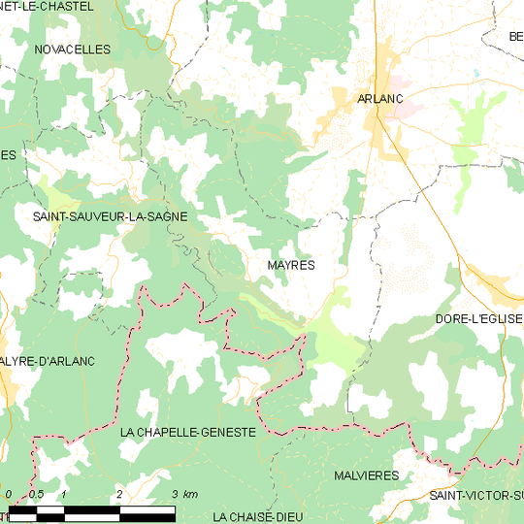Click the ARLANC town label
pyautogui.click(x=379, y=98)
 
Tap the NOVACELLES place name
pyautogui.click(x=72, y=49)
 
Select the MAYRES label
pyautogui.click(x=290, y=264)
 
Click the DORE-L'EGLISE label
pyautogui.click(x=479, y=318)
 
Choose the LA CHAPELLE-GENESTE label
pyautogui.click(x=188, y=431)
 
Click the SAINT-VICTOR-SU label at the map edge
pyautogui.click(x=476, y=496)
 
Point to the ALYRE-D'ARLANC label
pyautogui.click(x=48, y=361)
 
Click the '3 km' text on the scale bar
pyautogui.click(x=184, y=494)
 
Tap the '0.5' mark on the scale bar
pyautogui.click(x=36, y=494)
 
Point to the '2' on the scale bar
pyautogui.click(x=118, y=494)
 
